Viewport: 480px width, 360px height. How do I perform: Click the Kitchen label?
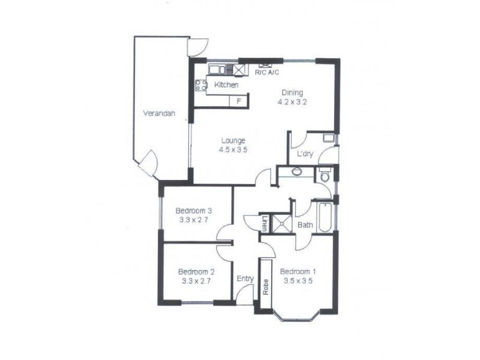[226, 86]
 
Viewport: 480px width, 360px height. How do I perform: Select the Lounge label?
[232, 141]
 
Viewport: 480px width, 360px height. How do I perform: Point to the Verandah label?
[158, 113]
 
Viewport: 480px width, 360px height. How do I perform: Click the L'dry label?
[305, 154]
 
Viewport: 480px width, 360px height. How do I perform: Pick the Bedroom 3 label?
[194, 211]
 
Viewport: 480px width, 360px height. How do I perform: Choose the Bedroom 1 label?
[298, 271]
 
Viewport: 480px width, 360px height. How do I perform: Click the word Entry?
[245, 279]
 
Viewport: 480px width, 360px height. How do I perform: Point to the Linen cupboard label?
[264, 223]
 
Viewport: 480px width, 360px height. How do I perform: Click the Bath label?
[305, 225]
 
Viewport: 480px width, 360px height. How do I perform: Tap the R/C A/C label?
[267, 73]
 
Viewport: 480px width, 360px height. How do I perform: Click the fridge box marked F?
[238, 101]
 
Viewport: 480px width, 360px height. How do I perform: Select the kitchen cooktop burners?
[200, 85]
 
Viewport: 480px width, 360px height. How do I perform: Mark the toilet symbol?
[325, 176]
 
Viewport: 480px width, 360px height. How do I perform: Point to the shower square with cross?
[280, 223]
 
